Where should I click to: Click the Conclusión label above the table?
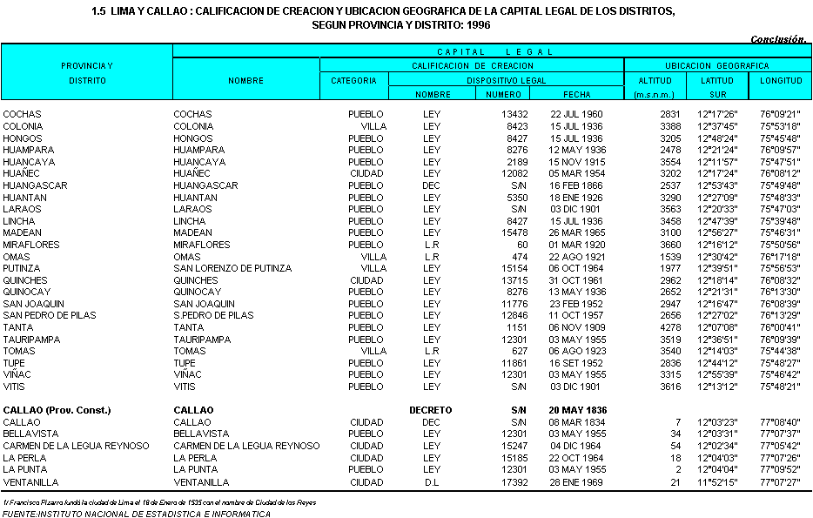click(x=779, y=39)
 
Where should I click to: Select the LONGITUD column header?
click(x=781, y=80)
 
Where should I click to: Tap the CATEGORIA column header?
click(x=354, y=80)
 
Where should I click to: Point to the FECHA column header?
click(x=576, y=94)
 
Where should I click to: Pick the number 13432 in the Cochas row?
click(x=514, y=114)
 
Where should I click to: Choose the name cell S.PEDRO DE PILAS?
click(x=213, y=315)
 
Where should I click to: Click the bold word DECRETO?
click(x=431, y=410)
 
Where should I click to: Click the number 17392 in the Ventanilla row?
click(x=514, y=481)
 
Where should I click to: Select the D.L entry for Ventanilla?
click(x=431, y=481)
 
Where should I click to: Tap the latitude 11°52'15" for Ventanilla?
click(x=717, y=481)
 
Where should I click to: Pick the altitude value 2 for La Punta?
click(x=677, y=469)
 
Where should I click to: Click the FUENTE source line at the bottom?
click(x=136, y=514)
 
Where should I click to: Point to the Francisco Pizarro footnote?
click(x=159, y=502)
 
